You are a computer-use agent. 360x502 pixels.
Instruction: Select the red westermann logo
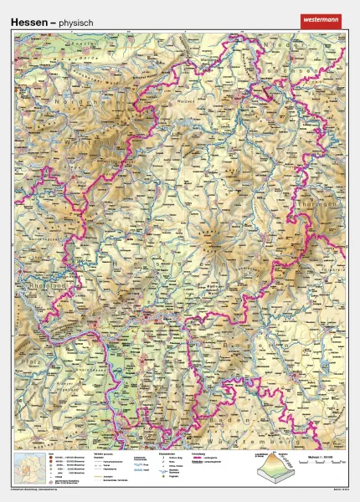click(x=321, y=19)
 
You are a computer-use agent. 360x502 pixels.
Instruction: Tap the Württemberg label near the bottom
click(x=268, y=436)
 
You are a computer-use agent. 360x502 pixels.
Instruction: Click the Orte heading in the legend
click(x=53, y=454)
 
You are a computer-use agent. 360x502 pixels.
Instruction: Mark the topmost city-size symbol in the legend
click(x=52, y=459)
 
